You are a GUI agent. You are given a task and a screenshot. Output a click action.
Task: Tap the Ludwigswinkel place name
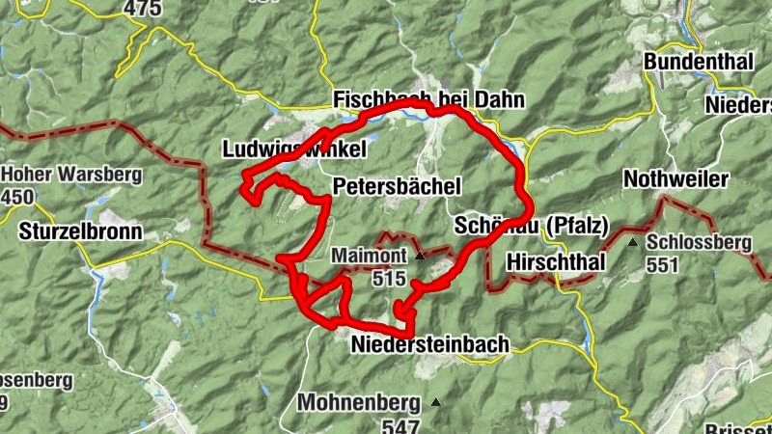(x=294, y=150)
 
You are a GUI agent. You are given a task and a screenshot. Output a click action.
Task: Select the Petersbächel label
(x=397, y=184)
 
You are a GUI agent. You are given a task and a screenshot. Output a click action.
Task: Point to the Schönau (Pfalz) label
(x=530, y=227)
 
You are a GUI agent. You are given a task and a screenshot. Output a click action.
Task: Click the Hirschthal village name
(x=555, y=261)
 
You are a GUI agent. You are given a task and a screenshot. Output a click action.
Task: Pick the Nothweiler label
(x=675, y=179)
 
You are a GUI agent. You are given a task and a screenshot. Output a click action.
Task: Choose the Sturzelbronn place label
(x=80, y=232)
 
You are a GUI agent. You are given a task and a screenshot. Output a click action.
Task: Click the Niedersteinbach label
(x=429, y=345)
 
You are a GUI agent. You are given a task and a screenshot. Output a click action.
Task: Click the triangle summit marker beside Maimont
(x=420, y=257)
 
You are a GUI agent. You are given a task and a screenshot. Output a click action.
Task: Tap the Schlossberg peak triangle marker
(x=632, y=242)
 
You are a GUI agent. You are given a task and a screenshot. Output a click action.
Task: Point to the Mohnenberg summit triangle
(x=438, y=402)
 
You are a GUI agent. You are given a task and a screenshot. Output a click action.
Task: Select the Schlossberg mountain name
(x=701, y=242)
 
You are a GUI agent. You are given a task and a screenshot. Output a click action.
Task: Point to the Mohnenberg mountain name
(x=359, y=402)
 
